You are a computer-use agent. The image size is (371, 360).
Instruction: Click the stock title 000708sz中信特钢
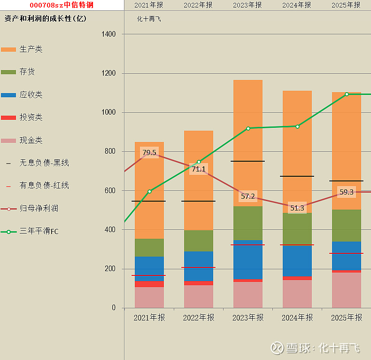[62, 5]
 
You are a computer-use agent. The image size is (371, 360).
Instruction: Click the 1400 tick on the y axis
[108, 34]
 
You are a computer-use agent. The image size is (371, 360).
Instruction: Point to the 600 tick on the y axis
[110, 191]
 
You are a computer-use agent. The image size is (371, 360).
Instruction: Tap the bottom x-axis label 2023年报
[248, 318]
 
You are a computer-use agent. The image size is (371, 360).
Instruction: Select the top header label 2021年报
[149, 5]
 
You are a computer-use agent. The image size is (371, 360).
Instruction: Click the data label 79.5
[149, 153]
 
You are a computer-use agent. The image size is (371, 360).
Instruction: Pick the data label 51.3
[297, 208]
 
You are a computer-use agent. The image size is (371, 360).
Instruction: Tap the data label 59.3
[347, 192]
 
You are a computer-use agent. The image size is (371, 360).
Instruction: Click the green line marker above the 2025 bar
[347, 94]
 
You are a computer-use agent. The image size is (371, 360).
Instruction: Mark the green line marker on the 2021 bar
[149, 191]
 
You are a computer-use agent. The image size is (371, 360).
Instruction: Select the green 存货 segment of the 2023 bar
[248, 223]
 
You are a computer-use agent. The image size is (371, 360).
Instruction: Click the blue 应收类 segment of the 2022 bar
[199, 266]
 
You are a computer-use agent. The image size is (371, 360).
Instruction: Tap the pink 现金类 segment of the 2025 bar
[347, 290]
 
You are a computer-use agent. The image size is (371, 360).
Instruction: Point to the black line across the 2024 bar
[297, 176]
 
